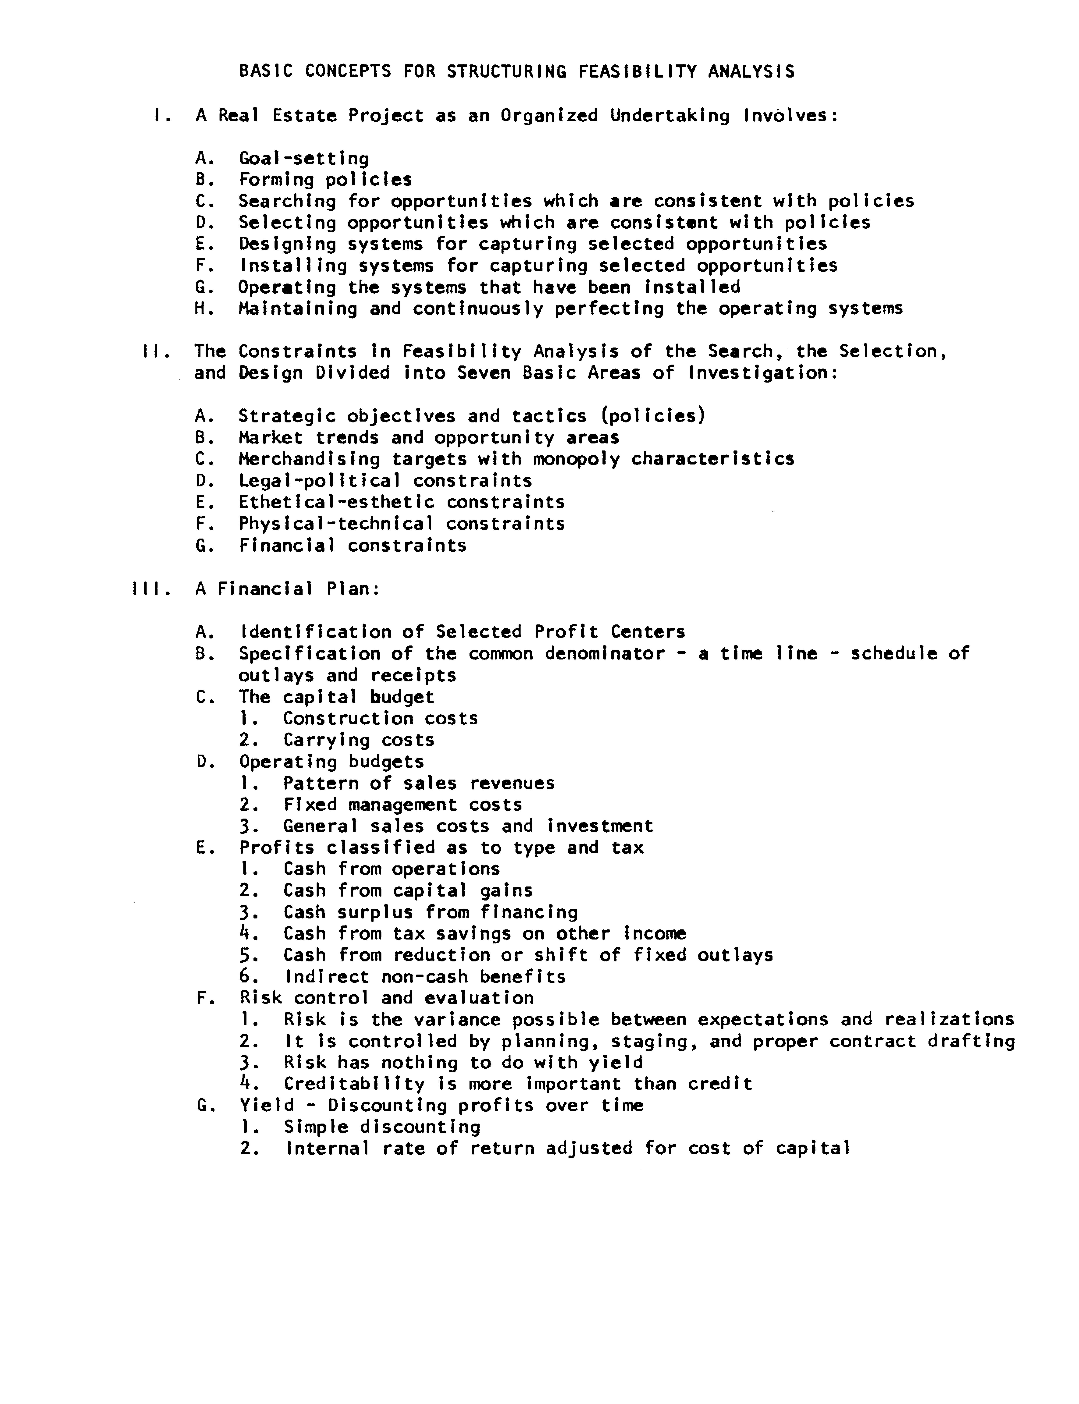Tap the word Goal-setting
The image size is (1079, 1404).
coord(304,159)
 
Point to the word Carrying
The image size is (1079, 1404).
coord(326,741)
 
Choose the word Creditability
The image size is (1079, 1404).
coord(354,1085)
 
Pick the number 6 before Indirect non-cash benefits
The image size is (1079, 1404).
coord(245,978)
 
